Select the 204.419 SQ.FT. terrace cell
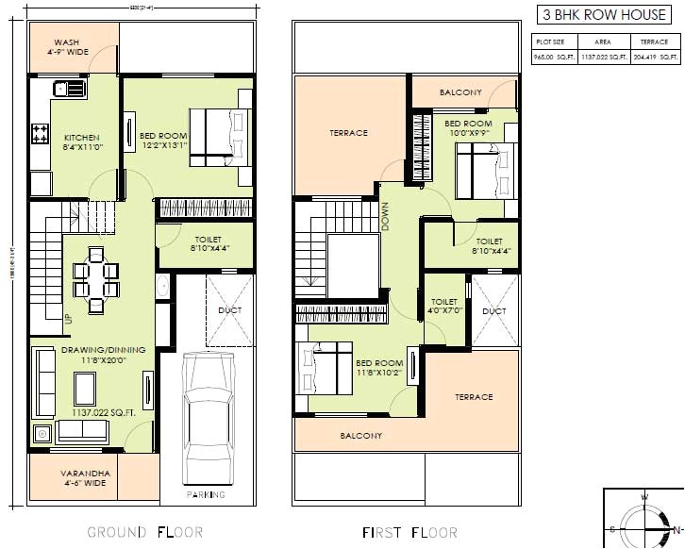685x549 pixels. coord(655,58)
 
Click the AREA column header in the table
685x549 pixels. coord(602,42)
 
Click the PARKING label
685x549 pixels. coord(206,494)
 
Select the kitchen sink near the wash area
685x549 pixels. coord(67,90)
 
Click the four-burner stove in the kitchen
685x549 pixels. coord(41,133)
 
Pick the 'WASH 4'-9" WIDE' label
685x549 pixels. coord(71,47)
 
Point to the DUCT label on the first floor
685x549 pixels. coord(493,310)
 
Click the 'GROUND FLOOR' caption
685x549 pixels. coord(144,533)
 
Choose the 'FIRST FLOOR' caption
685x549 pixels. coord(409,533)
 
